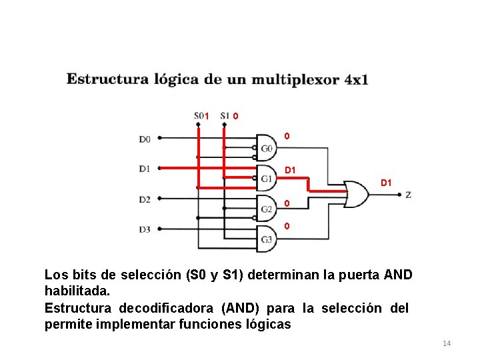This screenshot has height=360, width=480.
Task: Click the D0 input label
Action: click(145, 139)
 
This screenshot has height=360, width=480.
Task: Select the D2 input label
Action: click(145, 199)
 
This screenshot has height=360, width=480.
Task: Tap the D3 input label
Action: click(145, 229)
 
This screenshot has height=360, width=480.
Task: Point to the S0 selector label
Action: click(199, 115)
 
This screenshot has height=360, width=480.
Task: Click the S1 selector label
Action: click(224, 115)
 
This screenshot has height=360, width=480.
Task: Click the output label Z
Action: click(408, 195)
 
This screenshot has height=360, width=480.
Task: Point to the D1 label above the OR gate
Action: click(386, 182)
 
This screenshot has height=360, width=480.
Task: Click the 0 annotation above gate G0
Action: click(287, 137)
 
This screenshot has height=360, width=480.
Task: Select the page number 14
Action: click(447, 343)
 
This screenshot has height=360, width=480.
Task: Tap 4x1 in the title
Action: click(356, 79)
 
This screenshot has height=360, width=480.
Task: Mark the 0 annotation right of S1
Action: click(236, 116)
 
